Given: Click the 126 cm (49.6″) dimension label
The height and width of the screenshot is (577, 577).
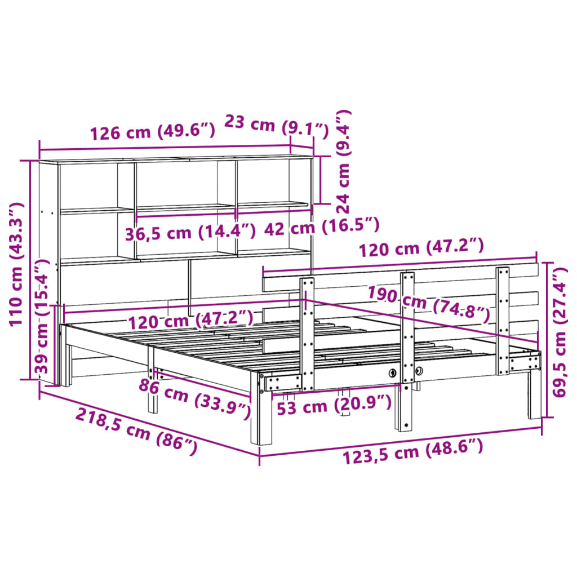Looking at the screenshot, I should tap(152, 133).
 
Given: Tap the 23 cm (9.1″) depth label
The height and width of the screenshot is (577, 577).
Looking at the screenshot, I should tap(276, 125).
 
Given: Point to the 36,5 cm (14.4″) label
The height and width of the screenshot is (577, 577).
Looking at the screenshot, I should tap(190, 231).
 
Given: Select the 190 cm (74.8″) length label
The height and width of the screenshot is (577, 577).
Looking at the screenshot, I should tap(428, 304).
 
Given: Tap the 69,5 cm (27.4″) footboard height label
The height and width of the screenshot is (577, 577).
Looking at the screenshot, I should tap(561, 332).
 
